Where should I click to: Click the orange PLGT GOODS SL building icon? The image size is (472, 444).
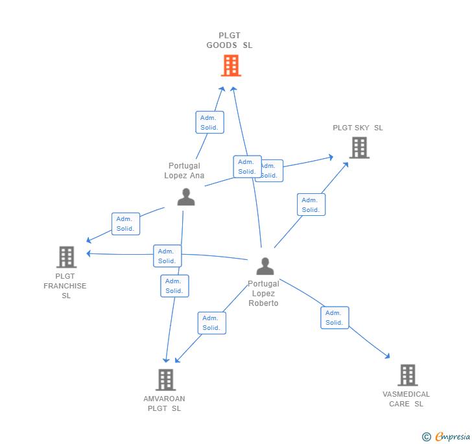(231, 65)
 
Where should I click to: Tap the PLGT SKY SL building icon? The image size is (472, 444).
(359, 148)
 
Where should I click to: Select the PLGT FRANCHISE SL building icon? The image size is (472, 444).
(66, 257)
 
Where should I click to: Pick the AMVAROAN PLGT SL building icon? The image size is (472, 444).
(166, 380)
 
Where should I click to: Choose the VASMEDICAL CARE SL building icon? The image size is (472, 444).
(407, 375)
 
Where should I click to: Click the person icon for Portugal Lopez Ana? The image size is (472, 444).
(186, 197)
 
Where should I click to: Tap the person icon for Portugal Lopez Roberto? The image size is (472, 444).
(265, 266)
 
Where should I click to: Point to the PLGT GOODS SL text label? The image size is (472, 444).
(230, 41)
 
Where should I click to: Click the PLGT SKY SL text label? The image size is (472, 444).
(358, 128)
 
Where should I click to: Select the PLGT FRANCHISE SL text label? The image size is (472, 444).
(65, 286)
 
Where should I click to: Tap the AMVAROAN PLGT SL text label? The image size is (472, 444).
(164, 404)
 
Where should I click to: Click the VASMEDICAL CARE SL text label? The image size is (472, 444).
(406, 399)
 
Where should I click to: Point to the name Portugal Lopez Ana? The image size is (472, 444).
(184, 170)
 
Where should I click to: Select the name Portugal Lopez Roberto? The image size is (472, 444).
(263, 294)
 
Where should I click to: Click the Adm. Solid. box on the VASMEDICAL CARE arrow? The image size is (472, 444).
(335, 318)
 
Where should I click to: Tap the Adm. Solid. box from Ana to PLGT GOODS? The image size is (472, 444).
(209, 123)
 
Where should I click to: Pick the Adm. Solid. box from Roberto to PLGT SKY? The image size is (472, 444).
(311, 205)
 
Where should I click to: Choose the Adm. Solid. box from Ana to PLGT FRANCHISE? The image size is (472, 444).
(126, 224)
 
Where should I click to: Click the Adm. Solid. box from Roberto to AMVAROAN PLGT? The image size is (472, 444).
(211, 323)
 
